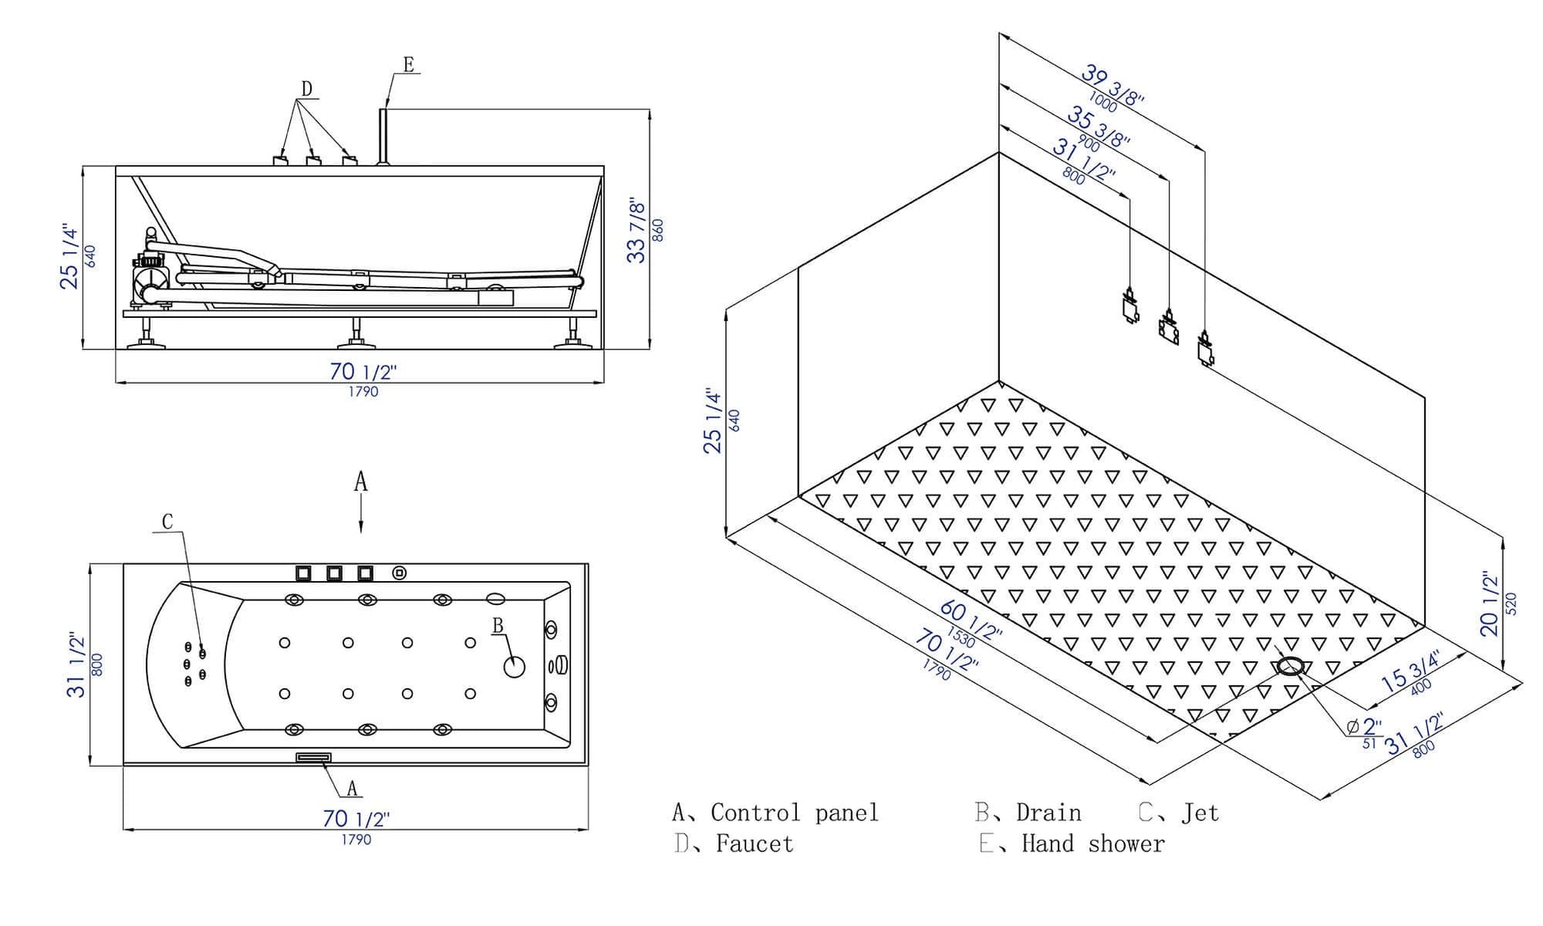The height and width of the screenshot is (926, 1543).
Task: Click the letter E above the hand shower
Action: coord(408,65)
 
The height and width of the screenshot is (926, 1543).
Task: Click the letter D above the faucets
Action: coord(307,89)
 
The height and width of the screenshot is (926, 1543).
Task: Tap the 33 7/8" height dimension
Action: coord(637,231)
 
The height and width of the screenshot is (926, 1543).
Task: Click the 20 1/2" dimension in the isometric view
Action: coord(1490,605)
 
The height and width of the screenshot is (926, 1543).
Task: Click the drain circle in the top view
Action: coord(515,667)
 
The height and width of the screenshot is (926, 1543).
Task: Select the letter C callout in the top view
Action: coord(167,522)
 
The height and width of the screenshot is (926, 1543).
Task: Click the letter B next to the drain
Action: coord(498,626)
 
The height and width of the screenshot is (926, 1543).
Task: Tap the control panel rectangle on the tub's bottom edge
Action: coord(313,757)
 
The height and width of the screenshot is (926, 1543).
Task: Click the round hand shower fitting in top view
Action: coord(400,572)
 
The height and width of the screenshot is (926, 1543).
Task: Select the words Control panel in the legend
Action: coord(794,813)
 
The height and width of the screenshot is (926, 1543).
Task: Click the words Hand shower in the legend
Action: coord(1093,844)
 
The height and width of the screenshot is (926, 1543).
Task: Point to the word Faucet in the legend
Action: coord(754,844)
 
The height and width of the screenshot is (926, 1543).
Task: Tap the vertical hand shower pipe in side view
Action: coord(382,136)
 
